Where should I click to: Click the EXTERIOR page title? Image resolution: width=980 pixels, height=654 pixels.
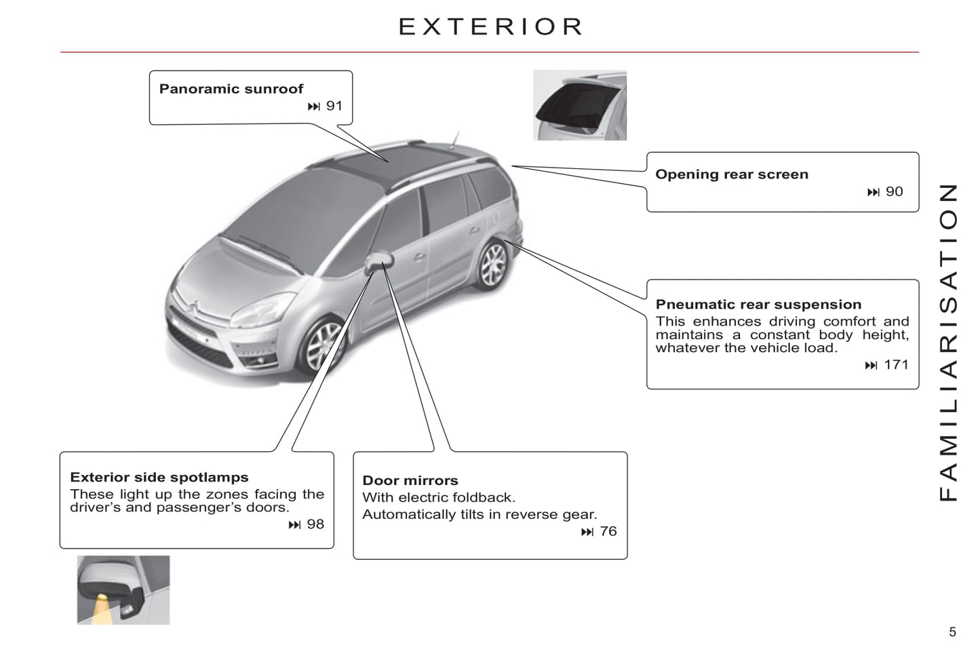point(490,26)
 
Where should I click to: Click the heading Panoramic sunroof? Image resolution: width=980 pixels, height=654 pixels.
point(231,89)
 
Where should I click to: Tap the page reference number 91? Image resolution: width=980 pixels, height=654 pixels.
point(334,106)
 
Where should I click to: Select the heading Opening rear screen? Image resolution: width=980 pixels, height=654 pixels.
point(732,174)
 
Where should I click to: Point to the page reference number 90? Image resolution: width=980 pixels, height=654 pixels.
point(895,192)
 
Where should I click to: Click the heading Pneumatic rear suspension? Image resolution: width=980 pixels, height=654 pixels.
point(758,304)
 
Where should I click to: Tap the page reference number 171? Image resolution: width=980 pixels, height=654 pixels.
point(897,364)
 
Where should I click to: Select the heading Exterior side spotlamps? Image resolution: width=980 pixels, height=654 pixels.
point(159,477)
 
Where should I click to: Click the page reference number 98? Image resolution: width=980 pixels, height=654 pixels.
point(315,524)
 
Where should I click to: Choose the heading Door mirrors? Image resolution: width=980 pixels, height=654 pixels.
point(410,480)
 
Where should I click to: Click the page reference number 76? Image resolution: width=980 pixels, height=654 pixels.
point(608,531)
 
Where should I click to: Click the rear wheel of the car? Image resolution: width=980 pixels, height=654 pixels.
point(492,265)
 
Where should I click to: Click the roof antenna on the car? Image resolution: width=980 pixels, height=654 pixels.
point(454,140)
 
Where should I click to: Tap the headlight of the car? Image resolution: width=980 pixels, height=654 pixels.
point(261,310)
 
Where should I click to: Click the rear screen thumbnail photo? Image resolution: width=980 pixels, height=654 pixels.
point(580,106)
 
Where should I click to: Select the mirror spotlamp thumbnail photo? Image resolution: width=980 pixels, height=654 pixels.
point(123,590)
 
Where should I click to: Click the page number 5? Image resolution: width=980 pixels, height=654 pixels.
point(952,632)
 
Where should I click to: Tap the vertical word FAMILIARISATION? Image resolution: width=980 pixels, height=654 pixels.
point(949,343)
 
